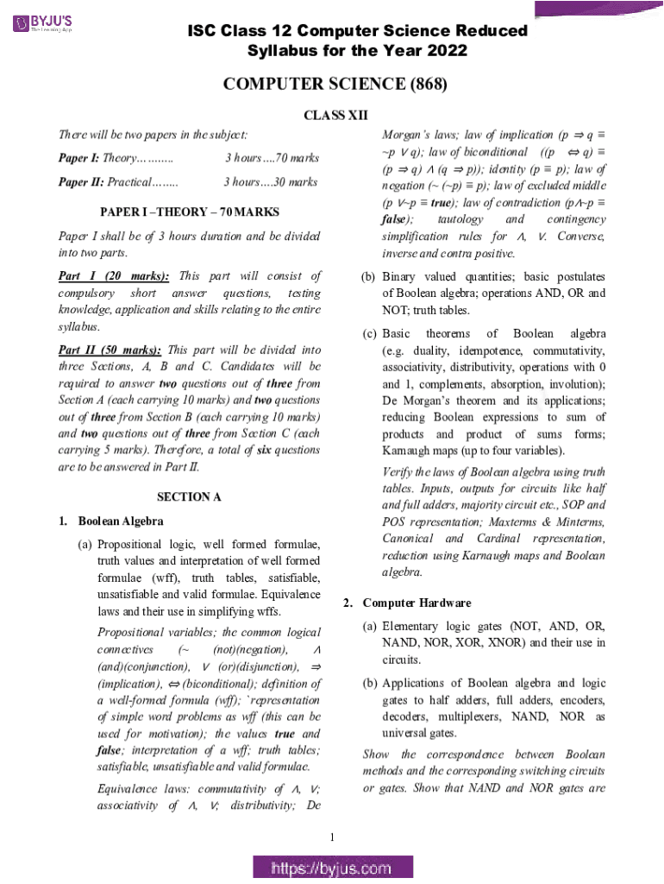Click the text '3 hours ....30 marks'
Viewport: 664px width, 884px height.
[270, 182]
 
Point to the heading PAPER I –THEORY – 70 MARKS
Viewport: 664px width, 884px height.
[189, 212]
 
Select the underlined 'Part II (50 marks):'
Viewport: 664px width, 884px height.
[110, 350]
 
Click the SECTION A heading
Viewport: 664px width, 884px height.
[189, 496]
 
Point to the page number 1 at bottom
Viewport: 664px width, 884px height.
[332, 836]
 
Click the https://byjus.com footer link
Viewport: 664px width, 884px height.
[332, 868]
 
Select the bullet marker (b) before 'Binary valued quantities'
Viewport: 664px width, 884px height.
[368, 277]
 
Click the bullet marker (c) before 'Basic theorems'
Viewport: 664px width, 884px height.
[368, 333]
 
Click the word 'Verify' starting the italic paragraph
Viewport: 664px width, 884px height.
[398, 472]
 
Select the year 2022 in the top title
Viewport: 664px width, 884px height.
[445, 51]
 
